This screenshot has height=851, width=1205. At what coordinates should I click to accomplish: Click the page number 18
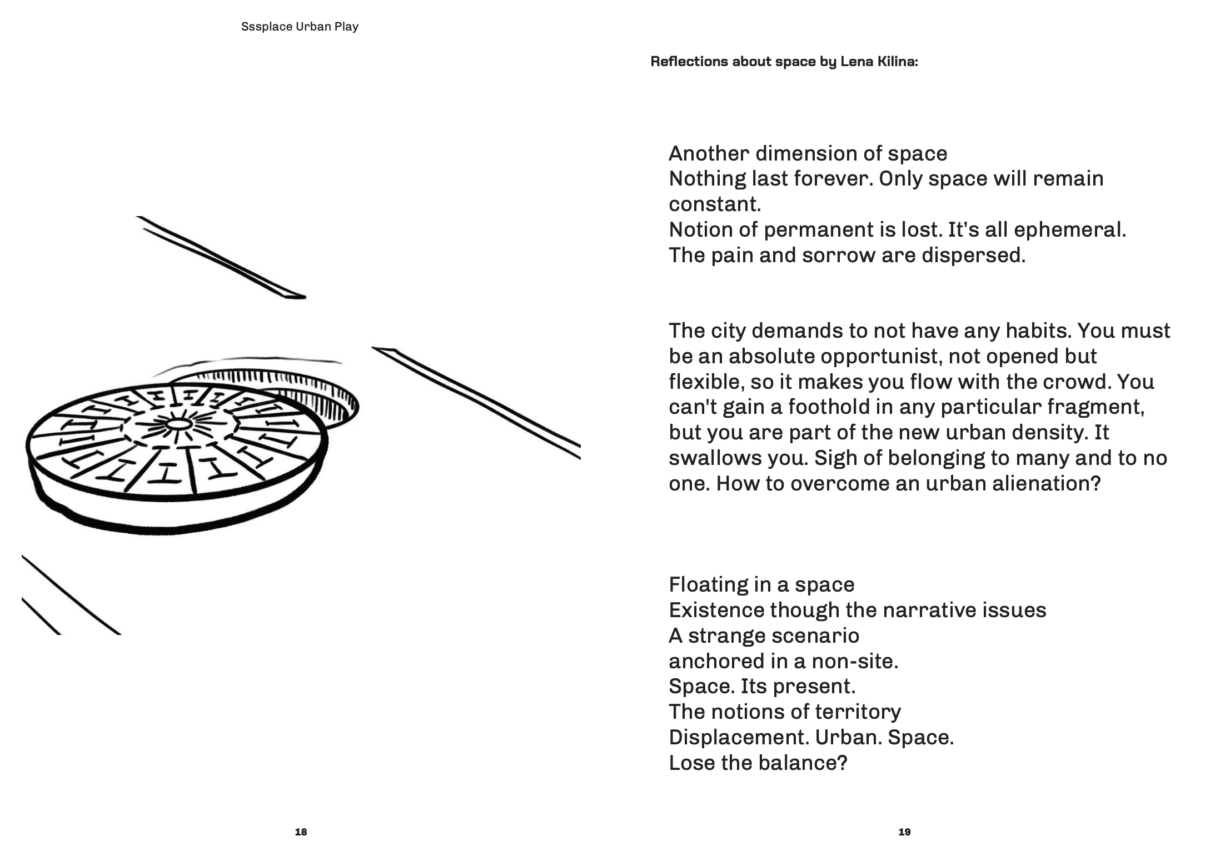coord(301,832)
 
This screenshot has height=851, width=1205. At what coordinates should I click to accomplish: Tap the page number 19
coord(904,832)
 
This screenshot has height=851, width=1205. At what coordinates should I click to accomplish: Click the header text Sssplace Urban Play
coord(300,27)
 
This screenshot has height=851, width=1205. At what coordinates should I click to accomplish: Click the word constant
coord(714,204)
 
